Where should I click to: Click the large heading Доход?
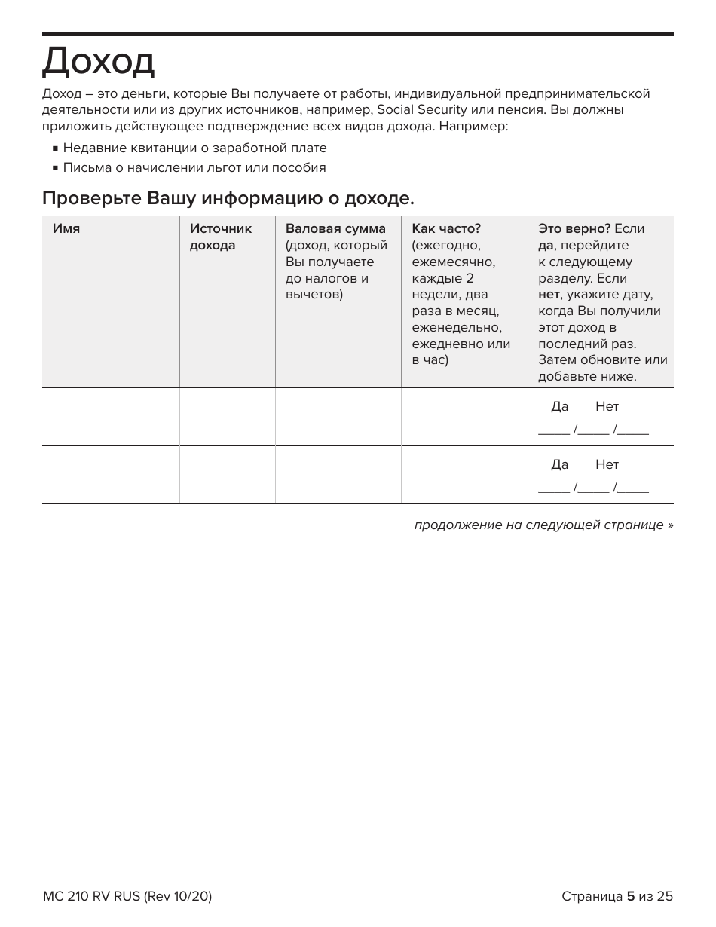coord(98,62)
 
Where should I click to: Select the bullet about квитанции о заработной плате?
coord(194,148)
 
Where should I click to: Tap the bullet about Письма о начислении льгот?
coord(194,168)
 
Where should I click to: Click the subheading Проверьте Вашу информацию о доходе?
coord(228,199)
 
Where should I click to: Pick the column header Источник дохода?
coord(221,237)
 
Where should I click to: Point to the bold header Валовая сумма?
coord(335,229)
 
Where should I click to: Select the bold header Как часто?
coord(446,229)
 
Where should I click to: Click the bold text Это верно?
coord(574,229)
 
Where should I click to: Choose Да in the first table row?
coord(559,407)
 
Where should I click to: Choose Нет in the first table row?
coord(607,407)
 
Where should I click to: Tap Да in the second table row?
coord(559,465)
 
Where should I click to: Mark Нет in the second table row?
coord(607,465)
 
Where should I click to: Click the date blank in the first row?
coord(593,430)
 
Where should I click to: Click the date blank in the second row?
coord(593,488)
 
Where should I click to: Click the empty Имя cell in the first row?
coord(111,417)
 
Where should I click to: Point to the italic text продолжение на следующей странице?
coord(543,525)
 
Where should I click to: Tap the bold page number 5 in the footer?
coord(631,896)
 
